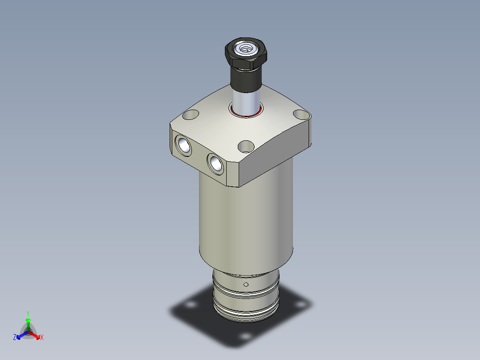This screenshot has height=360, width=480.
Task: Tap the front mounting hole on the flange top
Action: pyautogui.click(x=246, y=146)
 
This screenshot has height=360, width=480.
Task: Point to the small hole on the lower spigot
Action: pyautogui.click(x=246, y=284)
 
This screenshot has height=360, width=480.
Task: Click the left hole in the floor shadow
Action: pyautogui.click(x=191, y=305)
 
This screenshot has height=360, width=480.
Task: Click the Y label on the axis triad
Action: pyautogui.click(x=28, y=313)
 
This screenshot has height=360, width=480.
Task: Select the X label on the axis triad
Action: pyautogui.click(x=42, y=338)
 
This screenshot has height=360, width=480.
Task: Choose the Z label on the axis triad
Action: pyautogui.click(x=15, y=338)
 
